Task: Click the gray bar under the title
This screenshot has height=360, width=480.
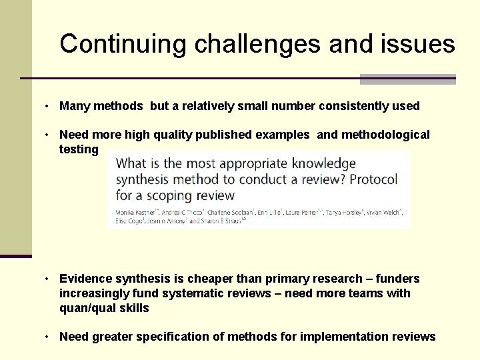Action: click(x=407, y=79)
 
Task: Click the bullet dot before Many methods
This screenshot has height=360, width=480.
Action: click(x=49, y=106)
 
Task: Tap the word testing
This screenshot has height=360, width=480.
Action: click(x=79, y=149)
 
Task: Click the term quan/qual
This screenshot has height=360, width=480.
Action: click(x=87, y=308)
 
